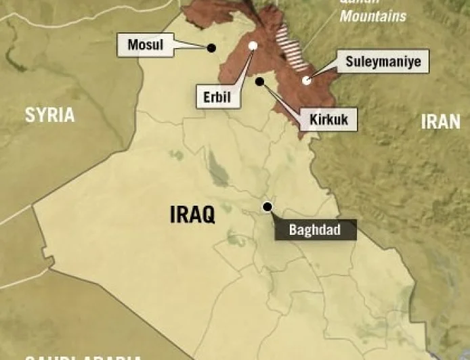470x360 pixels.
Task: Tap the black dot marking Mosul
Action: coord(211,47)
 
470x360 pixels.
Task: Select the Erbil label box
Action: coord(217,97)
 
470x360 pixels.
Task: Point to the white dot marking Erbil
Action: coord(253,45)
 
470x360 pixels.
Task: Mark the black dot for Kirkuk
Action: coord(259,81)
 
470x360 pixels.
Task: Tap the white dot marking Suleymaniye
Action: coord(306,80)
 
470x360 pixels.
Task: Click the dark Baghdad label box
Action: coord(316,229)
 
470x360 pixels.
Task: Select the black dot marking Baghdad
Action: coord(268,206)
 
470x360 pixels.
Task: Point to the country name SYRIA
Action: coord(49,115)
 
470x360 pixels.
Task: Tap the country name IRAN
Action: coord(440,121)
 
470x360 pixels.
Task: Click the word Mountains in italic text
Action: coord(372,16)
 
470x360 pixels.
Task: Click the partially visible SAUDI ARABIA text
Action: coord(81,357)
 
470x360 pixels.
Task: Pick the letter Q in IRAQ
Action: coord(208,216)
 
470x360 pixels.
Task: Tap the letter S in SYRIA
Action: coord(30,115)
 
